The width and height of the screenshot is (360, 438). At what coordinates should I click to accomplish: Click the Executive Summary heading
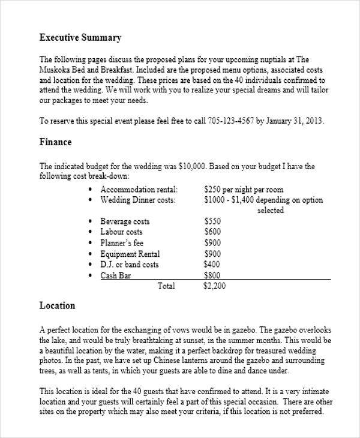tap(80, 38)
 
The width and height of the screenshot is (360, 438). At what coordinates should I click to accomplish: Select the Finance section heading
tap(55, 142)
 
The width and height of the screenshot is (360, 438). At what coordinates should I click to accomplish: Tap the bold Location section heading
tap(57, 305)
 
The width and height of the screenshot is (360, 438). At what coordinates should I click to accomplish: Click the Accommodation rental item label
tap(139, 188)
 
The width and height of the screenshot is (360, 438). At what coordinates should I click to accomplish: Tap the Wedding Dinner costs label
tap(138, 200)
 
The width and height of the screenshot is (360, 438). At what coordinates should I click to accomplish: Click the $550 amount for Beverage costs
tap(212, 221)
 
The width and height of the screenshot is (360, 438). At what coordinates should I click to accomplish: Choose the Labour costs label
tap(121, 232)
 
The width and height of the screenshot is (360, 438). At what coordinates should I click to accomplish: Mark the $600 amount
tap(212, 232)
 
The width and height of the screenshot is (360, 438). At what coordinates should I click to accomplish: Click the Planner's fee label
tap(122, 242)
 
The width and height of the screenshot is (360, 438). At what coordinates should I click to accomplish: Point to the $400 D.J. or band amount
tap(212, 264)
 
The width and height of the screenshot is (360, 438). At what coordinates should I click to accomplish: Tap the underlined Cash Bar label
tap(116, 275)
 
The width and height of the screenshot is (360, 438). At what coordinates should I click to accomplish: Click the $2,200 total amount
tap(215, 286)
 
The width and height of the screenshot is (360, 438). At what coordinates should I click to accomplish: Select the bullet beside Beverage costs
tap(89, 221)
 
